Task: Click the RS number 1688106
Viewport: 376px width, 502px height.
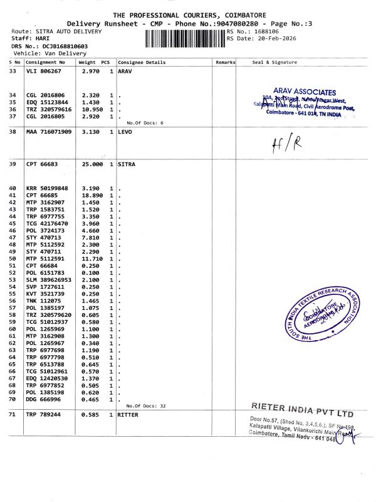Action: (268, 31)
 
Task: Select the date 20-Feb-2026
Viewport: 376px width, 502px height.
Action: (274, 38)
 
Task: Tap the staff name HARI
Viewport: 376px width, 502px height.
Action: (43, 39)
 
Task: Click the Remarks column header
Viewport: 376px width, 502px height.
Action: (225, 63)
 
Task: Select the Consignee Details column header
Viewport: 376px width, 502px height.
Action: (142, 63)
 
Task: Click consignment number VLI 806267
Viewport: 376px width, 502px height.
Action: (44, 72)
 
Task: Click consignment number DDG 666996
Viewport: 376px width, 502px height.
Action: (44, 399)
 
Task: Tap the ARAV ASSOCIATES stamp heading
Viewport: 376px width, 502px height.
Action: (305, 92)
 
